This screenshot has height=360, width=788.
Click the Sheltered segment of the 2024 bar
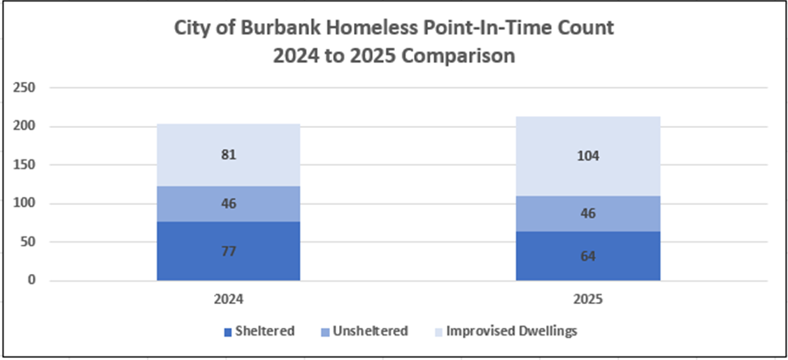click(x=228, y=251)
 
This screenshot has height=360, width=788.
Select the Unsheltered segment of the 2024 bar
click(x=228, y=204)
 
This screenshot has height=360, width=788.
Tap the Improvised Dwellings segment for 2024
click(x=228, y=156)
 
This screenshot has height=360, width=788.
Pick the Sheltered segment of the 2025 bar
click(x=588, y=256)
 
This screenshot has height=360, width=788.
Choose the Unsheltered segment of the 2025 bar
click(x=588, y=214)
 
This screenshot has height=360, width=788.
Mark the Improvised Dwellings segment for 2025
click(x=588, y=157)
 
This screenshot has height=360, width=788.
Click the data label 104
click(x=588, y=156)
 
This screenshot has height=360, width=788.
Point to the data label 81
click(x=228, y=154)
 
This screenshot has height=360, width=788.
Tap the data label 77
click(x=228, y=252)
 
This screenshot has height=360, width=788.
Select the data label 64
click(x=588, y=256)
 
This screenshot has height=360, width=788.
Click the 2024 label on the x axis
click(x=228, y=301)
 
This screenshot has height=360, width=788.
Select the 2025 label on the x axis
click(x=588, y=301)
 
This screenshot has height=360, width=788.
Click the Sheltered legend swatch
click(x=228, y=332)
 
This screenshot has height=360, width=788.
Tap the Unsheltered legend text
click(x=370, y=331)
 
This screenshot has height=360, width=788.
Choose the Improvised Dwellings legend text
click(x=512, y=332)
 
